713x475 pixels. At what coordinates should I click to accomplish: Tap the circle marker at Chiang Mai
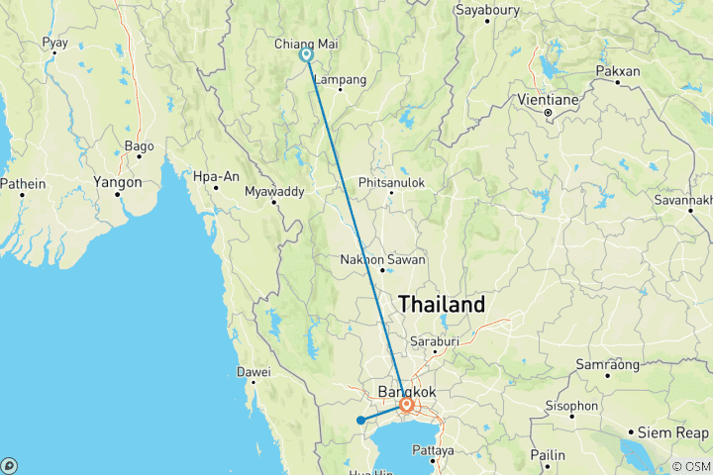pos(307,55)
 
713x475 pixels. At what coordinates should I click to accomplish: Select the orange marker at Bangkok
pos(406,405)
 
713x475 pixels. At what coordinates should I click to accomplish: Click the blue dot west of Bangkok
pos(360,421)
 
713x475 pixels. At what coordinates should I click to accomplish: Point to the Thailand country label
pos(442,304)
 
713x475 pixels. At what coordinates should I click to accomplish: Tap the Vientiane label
pos(549,100)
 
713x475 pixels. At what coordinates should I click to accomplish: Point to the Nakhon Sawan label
pos(382,259)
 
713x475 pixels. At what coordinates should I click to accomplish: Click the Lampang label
pos(340,79)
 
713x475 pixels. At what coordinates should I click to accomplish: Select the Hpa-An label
pos(217,176)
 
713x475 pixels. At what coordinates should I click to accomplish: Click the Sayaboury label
pos(487,10)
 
